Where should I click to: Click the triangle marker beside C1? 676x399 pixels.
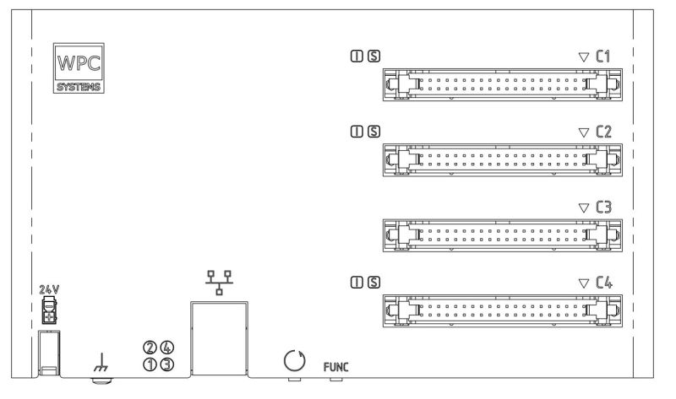click(x=582, y=57)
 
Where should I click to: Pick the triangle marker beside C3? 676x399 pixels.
click(x=582, y=207)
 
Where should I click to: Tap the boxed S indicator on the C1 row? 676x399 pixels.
click(x=373, y=57)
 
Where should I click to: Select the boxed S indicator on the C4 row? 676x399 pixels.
click(x=373, y=281)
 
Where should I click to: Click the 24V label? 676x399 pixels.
click(x=49, y=289)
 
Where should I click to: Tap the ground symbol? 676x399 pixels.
click(x=101, y=364)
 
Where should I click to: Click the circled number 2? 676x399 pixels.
click(x=150, y=348)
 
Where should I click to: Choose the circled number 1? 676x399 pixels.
click(x=150, y=364)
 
